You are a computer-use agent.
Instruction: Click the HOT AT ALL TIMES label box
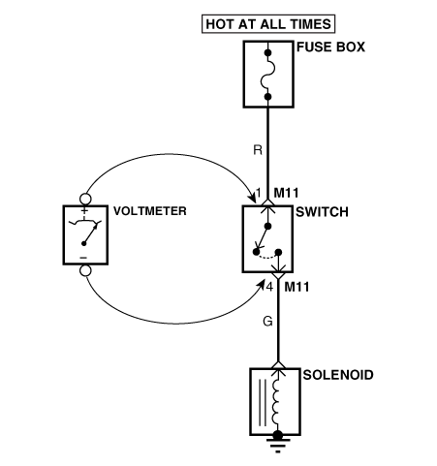[x=268, y=24]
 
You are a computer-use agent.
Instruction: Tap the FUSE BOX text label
[x=330, y=47]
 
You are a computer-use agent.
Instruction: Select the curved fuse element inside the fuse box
[x=267, y=75]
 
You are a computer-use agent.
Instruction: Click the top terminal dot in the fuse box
[x=267, y=52]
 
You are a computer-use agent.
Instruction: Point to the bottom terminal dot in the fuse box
[x=267, y=96]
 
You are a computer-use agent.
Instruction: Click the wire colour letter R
[x=258, y=150]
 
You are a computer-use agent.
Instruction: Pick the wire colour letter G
[x=268, y=322]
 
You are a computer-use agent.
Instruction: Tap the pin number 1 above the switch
[x=258, y=193]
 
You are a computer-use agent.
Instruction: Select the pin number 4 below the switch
[x=269, y=287]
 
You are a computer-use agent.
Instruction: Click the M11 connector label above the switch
[x=286, y=193]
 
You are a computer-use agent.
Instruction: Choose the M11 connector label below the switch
[x=297, y=287]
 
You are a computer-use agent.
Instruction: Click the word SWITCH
[x=322, y=212]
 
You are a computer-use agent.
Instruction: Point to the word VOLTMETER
[x=150, y=211]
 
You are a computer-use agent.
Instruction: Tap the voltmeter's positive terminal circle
[x=85, y=199]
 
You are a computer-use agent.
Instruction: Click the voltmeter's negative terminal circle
[x=85, y=270]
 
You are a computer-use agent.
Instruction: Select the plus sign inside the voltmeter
[x=84, y=211]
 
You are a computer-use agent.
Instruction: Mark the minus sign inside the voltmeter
[x=83, y=258]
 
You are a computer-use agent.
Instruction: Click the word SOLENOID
[x=338, y=375]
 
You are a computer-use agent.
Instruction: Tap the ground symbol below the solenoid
[x=278, y=443]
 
